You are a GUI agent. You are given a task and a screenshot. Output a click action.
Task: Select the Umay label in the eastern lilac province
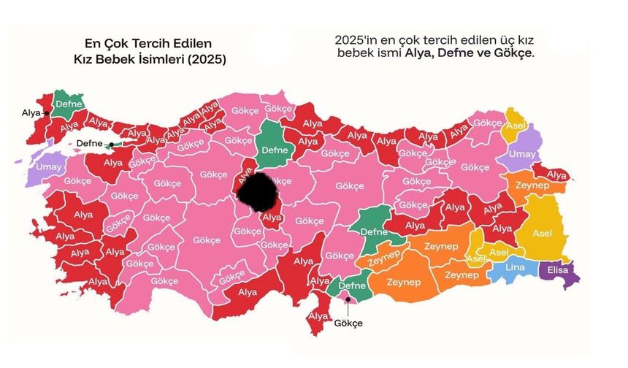pos(521,154)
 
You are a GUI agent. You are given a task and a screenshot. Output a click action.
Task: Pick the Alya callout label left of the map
pos(30,113)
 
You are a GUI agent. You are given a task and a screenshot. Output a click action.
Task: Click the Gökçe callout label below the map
pos(348,323)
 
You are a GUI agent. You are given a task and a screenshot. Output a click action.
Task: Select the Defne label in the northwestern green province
pos(69,104)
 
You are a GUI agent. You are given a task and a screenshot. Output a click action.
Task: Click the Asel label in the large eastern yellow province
pos(543,233)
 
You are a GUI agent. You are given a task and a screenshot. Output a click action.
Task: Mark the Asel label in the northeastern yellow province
pos(514,129)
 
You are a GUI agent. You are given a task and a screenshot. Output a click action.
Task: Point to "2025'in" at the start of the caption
pos(354,39)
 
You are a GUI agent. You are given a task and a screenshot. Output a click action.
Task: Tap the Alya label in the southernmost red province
pos(318,315)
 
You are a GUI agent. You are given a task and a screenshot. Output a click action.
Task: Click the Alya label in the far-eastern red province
pos(557,175)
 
